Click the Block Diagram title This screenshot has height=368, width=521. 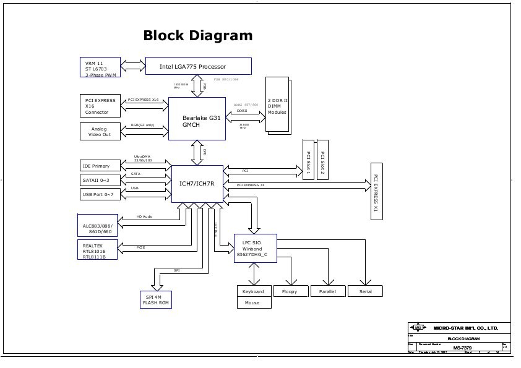click(197, 36)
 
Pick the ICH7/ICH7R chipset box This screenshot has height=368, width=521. click(197, 184)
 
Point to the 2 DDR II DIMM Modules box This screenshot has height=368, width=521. click(277, 105)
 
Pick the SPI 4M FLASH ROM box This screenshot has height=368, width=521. click(155, 300)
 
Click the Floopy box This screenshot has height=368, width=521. click(290, 291)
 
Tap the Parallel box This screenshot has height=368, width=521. click(327, 291)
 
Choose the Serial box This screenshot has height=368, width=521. click(365, 291)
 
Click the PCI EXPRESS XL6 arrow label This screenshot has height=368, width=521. click(143, 100)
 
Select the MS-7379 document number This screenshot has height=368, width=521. click(461, 348)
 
